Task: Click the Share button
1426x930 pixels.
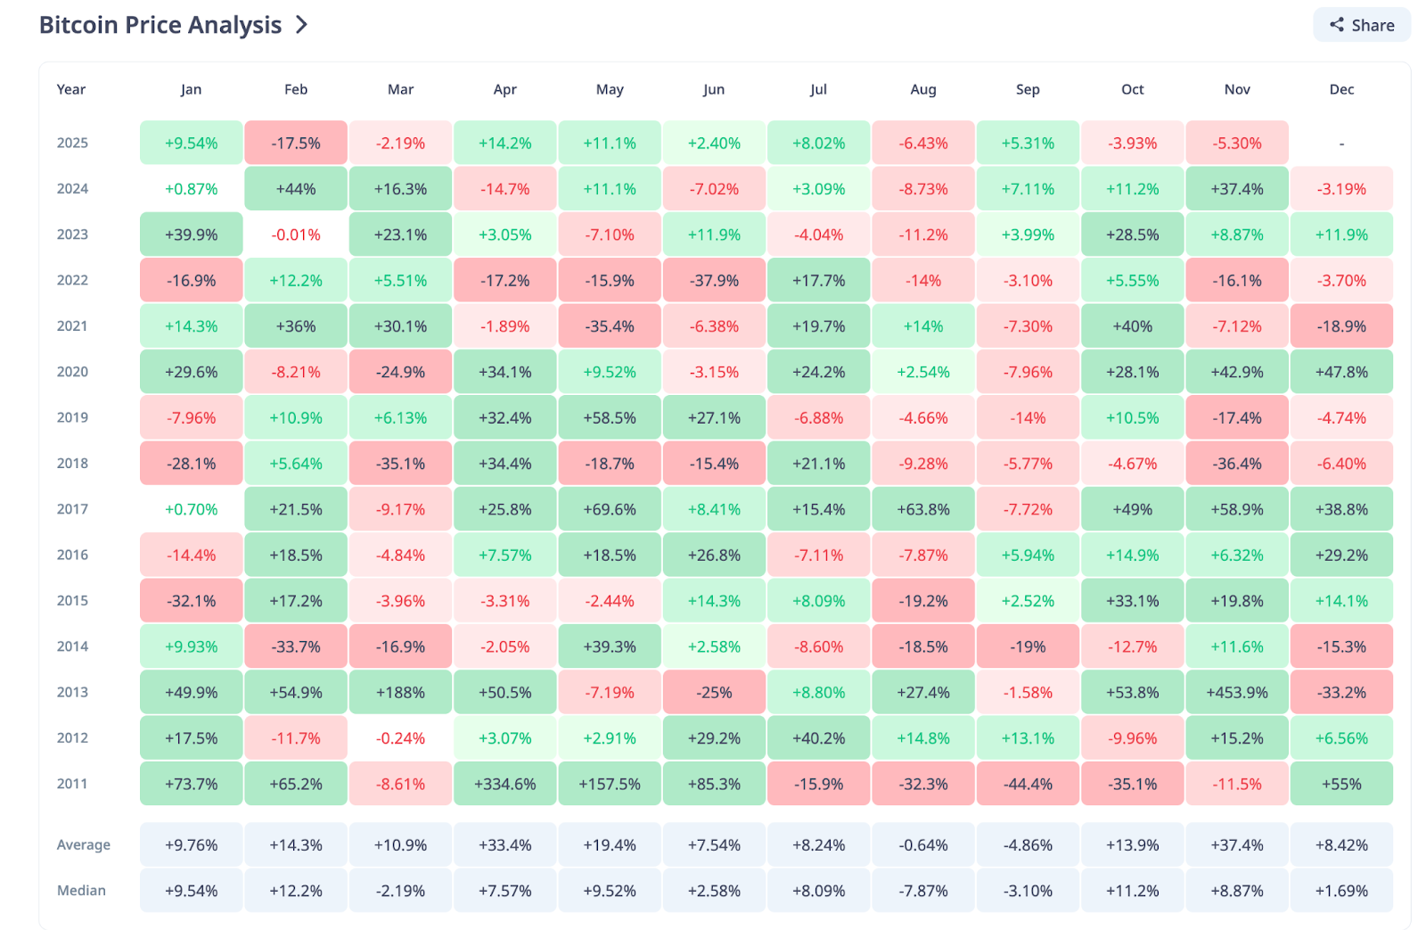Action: (x=1361, y=25)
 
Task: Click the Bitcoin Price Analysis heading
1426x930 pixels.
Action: (x=160, y=25)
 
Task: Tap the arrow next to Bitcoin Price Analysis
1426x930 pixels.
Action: (x=302, y=25)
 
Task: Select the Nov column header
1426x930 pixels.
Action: (x=1237, y=89)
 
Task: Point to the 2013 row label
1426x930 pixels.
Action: (x=72, y=692)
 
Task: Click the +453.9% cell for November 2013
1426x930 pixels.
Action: (x=1237, y=692)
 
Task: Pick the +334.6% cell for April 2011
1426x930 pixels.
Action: (x=505, y=784)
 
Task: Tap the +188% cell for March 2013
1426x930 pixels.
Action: (x=400, y=692)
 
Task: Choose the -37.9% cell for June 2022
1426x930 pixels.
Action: (x=714, y=280)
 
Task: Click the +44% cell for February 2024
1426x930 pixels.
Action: (x=296, y=189)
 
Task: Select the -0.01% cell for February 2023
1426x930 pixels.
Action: (x=296, y=235)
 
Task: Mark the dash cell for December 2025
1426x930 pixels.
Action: (x=1341, y=143)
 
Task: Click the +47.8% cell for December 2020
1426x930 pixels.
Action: (x=1341, y=372)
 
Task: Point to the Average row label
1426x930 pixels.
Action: (x=84, y=844)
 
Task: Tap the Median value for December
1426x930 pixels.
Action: (x=1341, y=891)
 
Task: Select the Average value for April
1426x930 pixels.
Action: (x=505, y=844)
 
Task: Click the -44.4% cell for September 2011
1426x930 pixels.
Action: (x=1028, y=784)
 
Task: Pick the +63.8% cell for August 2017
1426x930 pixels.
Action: (x=923, y=509)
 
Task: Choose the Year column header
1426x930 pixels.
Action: (x=71, y=89)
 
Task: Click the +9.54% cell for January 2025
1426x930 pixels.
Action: (x=191, y=143)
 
